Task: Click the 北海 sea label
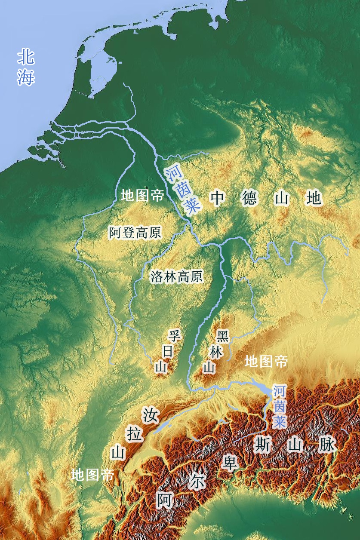click(26, 68)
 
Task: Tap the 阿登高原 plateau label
click(135, 233)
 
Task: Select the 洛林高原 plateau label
click(176, 276)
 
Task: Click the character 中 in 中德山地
click(218, 198)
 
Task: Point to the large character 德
click(249, 198)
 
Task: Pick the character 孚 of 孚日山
click(174, 335)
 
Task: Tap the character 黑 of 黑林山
click(222, 336)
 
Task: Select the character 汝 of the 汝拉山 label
click(151, 416)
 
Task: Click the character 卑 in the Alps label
click(231, 463)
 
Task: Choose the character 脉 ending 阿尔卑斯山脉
click(327, 445)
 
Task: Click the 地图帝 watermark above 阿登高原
click(142, 196)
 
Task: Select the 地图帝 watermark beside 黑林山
click(266, 362)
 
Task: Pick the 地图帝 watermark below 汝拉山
click(92, 475)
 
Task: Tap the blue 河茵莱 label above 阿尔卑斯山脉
click(280, 406)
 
